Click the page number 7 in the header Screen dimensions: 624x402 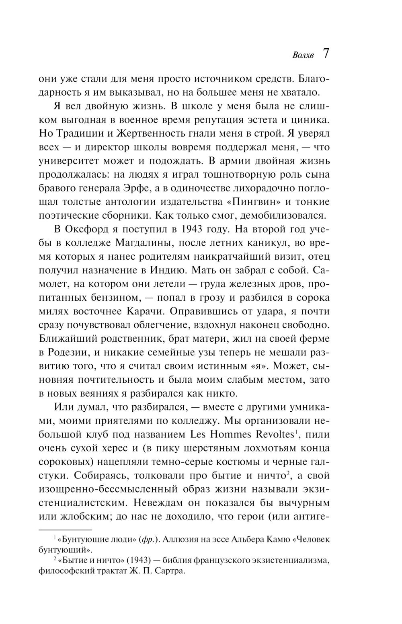(x=326, y=54)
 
